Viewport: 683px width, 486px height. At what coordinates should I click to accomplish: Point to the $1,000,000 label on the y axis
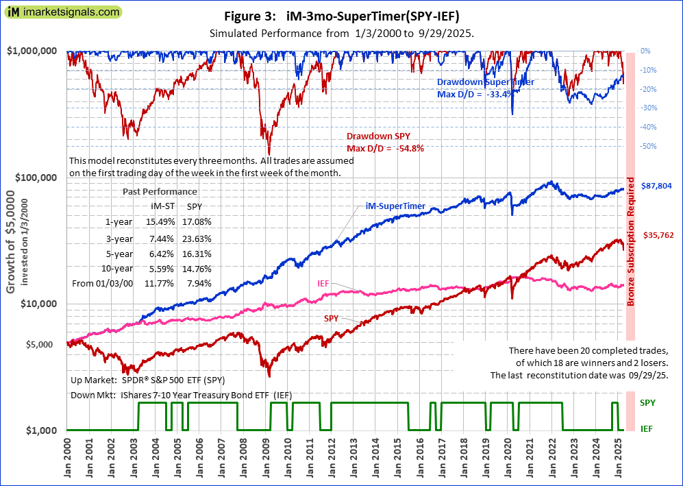pos(32,51)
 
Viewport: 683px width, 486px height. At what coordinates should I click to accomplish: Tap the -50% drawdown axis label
pos(649,146)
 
